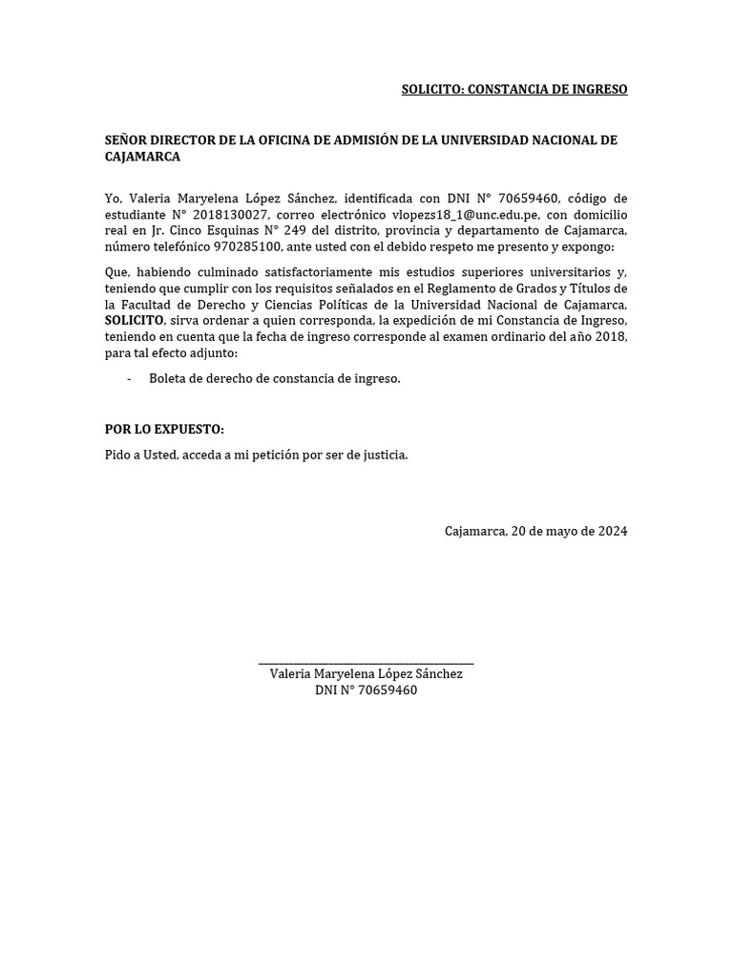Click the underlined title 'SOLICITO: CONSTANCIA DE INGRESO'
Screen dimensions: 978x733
pyautogui.click(x=514, y=90)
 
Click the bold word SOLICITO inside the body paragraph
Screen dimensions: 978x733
pyautogui.click(x=135, y=320)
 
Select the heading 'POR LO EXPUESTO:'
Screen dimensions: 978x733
pyautogui.click(x=164, y=430)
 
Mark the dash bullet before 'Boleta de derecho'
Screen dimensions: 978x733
pyautogui.click(x=129, y=379)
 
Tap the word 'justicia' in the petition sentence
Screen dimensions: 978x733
pyautogui.click(x=384, y=456)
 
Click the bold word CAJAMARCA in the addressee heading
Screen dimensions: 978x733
pyautogui.click(x=142, y=157)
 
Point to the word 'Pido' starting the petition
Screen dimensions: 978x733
pyautogui.click(x=118, y=456)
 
